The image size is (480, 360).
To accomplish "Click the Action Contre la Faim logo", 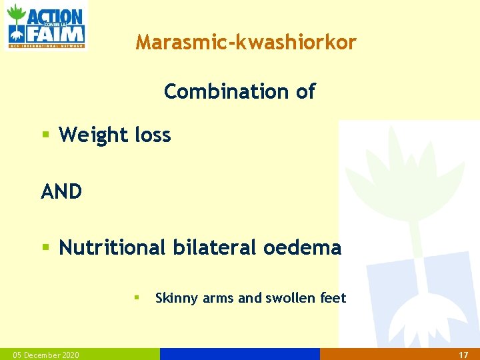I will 45,26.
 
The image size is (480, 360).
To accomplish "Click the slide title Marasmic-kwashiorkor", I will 246,43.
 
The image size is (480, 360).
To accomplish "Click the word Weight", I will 93,135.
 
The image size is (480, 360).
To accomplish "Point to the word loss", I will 153,135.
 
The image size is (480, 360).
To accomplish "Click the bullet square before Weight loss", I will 46,135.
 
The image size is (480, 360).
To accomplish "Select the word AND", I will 61,192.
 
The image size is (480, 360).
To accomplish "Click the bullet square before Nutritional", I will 46,248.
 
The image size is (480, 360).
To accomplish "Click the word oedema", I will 302,248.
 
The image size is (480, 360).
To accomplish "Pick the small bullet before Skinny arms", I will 135,297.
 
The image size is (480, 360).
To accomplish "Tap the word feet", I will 333,298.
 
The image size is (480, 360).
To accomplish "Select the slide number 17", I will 464,355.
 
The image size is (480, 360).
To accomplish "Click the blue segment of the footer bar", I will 240,354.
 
